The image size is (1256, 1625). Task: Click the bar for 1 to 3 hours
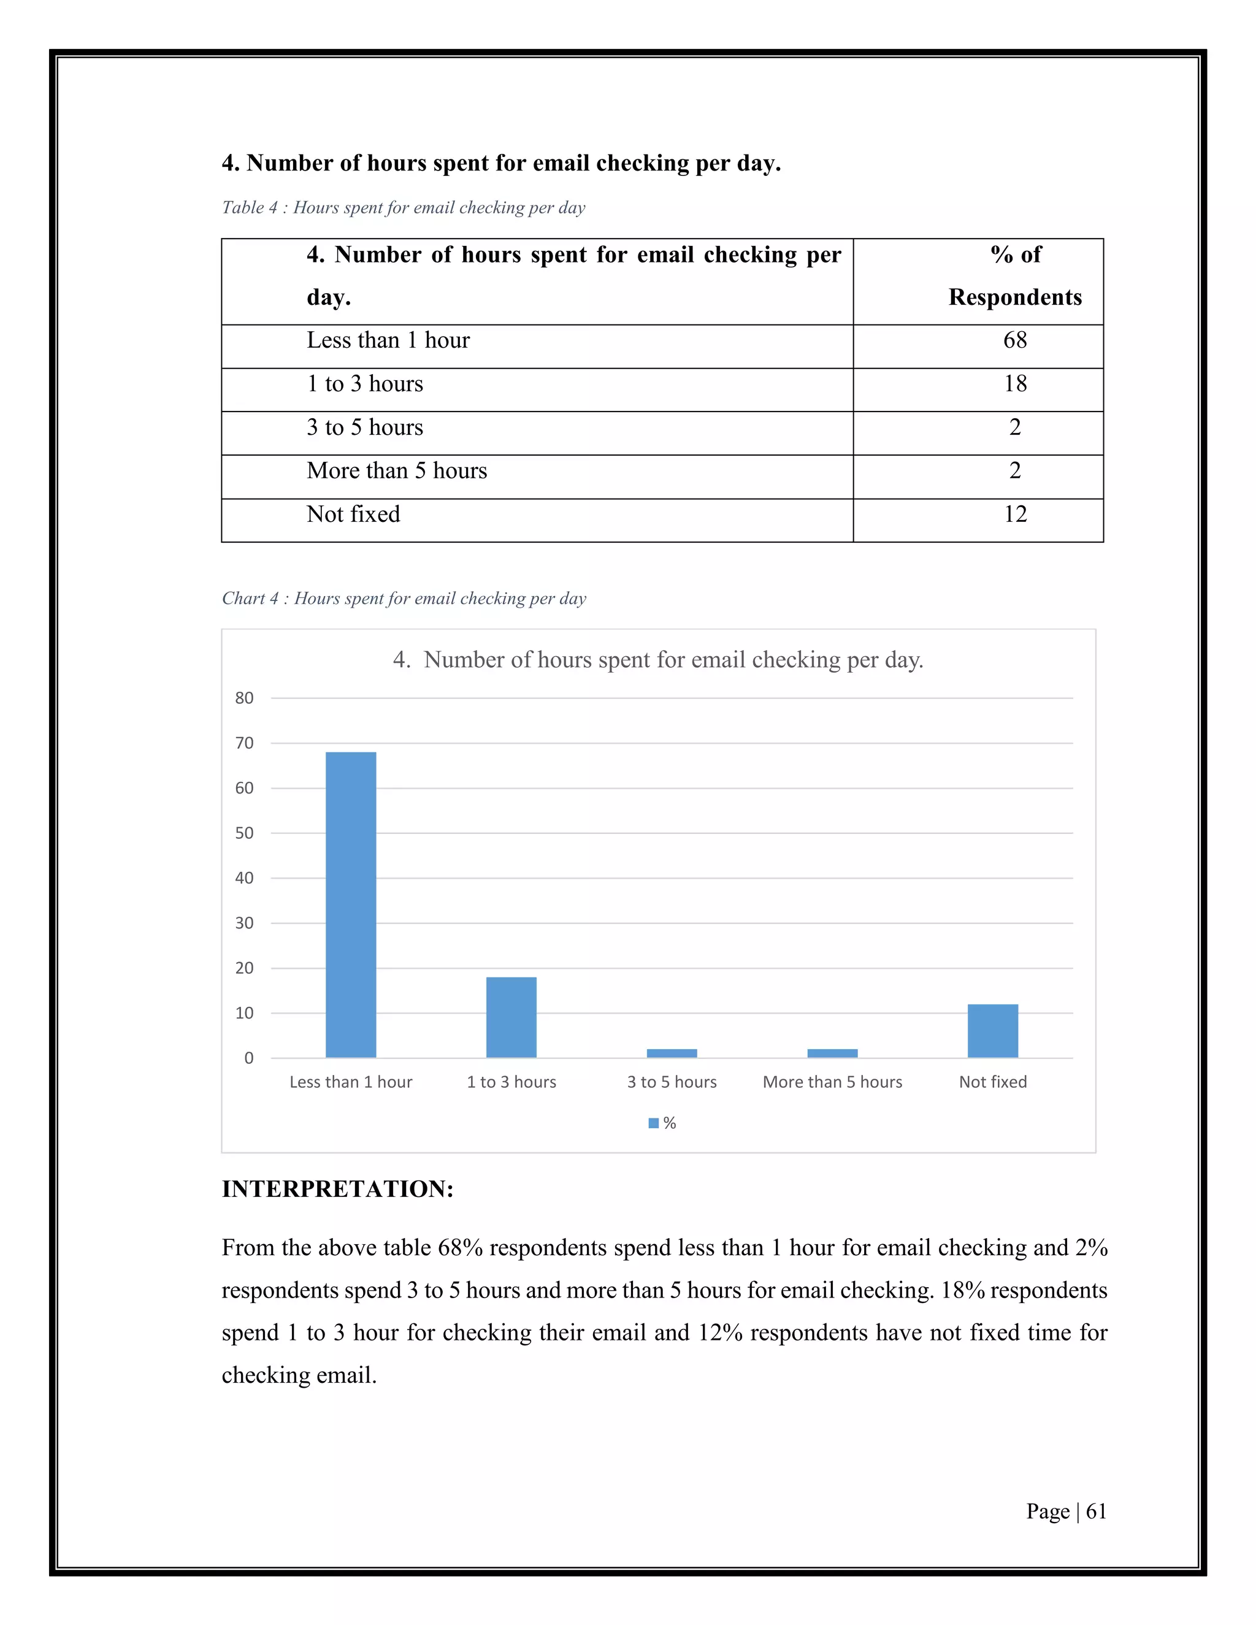pos(511,1017)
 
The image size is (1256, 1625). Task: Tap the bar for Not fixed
pos(993,1031)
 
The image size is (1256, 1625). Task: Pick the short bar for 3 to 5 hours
pos(672,1053)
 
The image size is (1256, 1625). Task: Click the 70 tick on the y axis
pos(244,743)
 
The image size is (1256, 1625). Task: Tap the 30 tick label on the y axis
pos(244,923)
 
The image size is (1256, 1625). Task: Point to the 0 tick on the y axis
pos(248,1058)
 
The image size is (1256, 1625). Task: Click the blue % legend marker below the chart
pos(653,1123)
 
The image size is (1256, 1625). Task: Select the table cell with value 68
pos(1015,340)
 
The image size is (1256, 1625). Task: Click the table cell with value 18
pos(1015,384)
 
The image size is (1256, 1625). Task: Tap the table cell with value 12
pos(1015,514)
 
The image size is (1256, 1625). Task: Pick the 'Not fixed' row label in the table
pos(353,514)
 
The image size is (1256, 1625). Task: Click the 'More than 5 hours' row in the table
pos(397,471)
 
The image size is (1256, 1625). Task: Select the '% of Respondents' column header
pos(1015,276)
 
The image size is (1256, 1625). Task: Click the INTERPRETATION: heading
pos(337,1189)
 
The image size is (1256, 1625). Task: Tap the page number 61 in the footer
pos(1095,1511)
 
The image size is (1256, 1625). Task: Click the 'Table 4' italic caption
pos(404,208)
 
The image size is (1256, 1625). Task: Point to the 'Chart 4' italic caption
pos(404,598)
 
